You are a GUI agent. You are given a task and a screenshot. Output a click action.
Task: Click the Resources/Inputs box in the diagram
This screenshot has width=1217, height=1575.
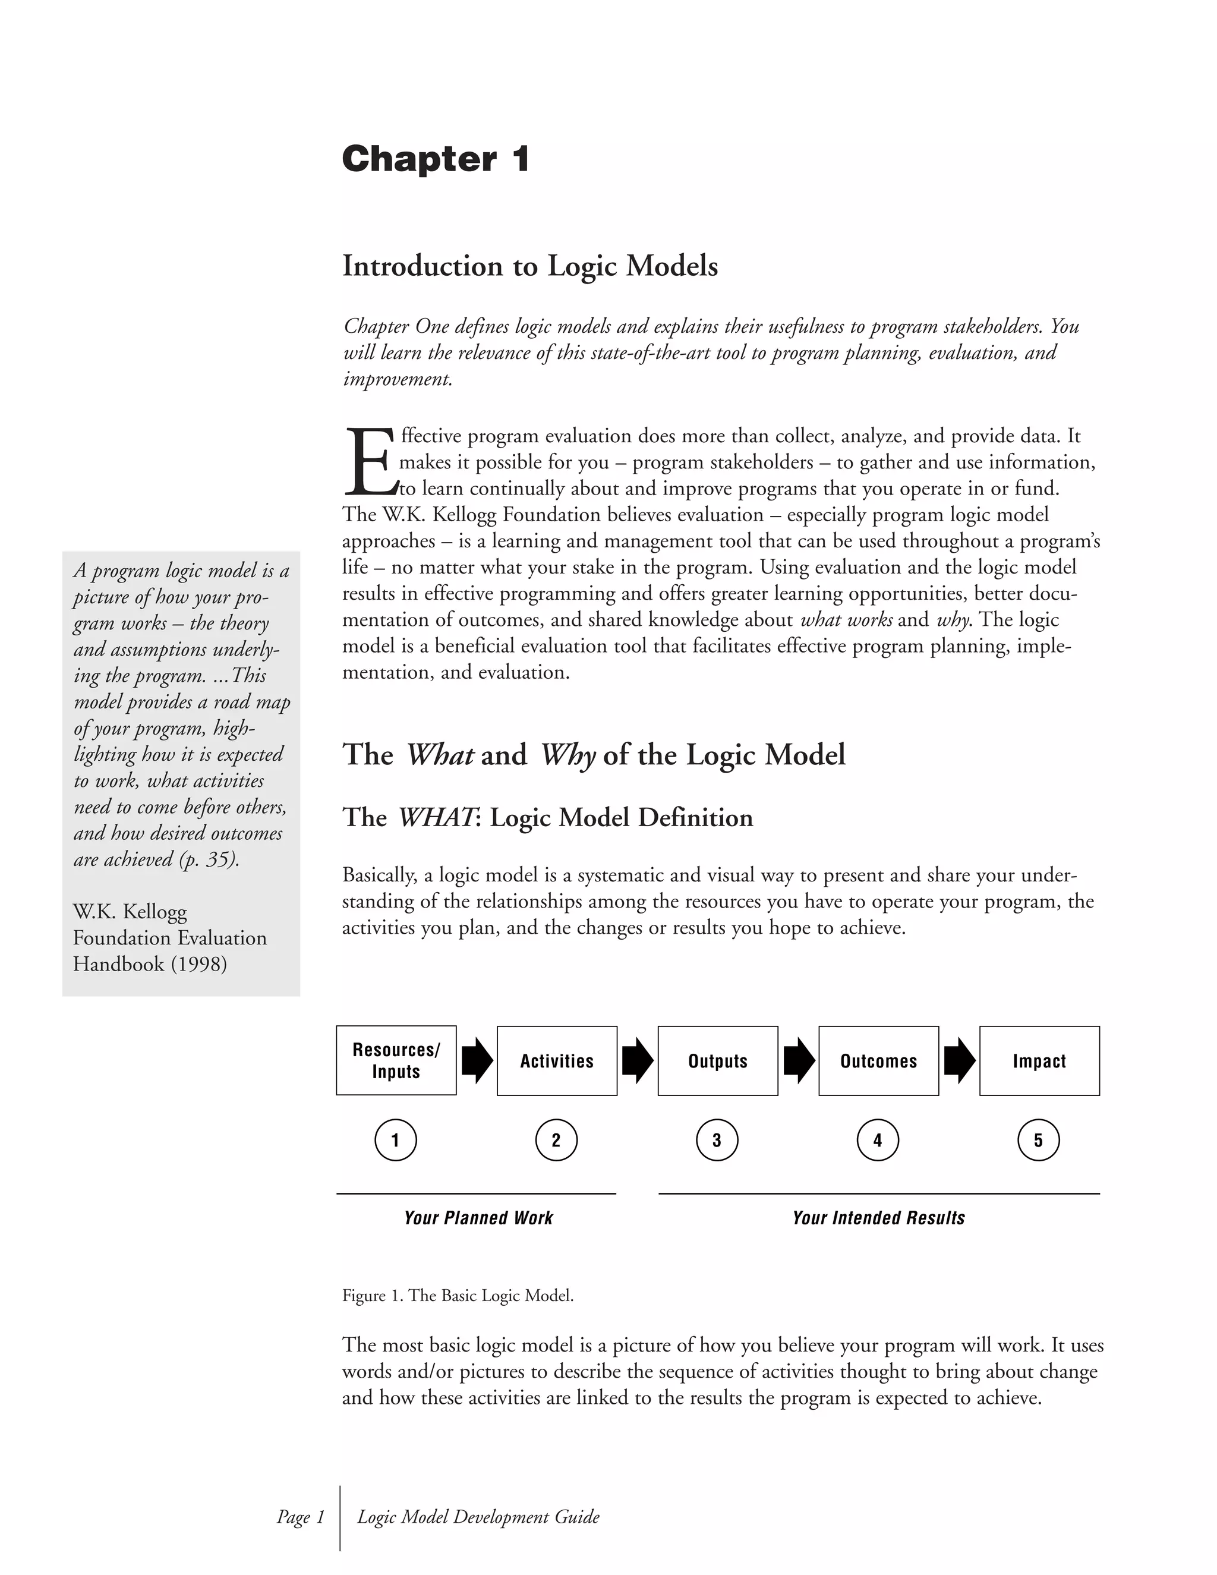coord(396,1060)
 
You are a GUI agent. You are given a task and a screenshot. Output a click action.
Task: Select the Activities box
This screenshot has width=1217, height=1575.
coord(557,1061)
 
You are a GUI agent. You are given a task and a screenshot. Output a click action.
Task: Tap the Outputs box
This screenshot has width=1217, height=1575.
coord(717,1061)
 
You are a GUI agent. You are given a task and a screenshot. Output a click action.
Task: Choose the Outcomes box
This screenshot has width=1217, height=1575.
coord(878,1061)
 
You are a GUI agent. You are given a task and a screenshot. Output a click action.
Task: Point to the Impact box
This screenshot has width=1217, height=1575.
coord(1039,1061)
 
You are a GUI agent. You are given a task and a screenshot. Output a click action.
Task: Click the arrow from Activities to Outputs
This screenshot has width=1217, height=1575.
coord(638,1061)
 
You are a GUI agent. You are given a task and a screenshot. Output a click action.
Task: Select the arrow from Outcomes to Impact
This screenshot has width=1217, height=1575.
coord(959,1061)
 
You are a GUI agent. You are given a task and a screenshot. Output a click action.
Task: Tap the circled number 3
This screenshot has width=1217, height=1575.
coord(717,1140)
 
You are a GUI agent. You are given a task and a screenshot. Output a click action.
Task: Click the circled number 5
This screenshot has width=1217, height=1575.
coord(1038,1140)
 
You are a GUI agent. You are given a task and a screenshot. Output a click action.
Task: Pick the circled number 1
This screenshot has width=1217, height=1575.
coord(395,1140)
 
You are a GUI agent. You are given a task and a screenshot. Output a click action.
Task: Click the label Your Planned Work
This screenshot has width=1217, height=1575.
coord(478,1218)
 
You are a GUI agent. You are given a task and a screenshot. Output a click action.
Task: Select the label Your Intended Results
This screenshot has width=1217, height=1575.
coord(878,1218)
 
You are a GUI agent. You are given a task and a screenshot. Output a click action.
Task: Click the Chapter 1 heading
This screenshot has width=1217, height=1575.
coord(436,159)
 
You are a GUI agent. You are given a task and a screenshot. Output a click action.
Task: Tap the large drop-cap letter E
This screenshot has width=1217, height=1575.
coord(370,462)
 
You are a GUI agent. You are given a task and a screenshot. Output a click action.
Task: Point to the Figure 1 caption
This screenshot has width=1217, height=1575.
coord(458,1296)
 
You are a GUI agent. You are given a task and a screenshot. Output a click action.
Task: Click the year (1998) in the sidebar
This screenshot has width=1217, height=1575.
coord(198,964)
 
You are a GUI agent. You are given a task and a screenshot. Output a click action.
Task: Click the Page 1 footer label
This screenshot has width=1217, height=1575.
coord(301,1517)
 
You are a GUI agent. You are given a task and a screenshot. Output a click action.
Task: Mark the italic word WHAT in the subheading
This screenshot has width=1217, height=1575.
coord(436,818)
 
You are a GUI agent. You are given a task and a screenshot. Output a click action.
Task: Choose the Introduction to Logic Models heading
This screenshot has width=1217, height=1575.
coord(530,266)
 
